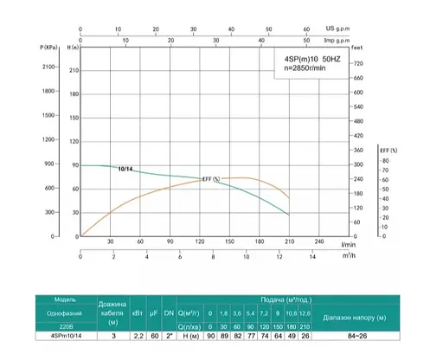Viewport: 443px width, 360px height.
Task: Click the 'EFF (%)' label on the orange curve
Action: coord(211,179)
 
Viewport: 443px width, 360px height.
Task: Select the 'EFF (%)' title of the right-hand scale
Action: coord(388,150)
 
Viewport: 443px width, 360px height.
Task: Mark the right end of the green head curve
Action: coord(290,215)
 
